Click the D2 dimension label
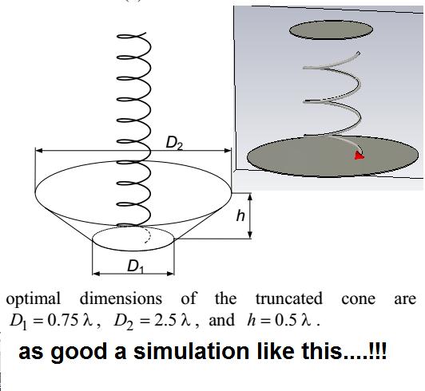click(x=174, y=143)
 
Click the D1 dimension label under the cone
click(x=136, y=266)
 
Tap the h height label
click(x=240, y=215)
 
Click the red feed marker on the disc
click(x=359, y=156)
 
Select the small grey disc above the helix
click(x=331, y=30)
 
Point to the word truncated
click(x=289, y=298)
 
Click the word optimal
click(x=33, y=299)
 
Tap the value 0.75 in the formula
click(x=63, y=320)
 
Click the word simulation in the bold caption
click(x=192, y=351)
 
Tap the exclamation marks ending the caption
click(x=377, y=350)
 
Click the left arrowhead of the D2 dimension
click(x=39, y=150)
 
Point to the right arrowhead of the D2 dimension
click(x=228, y=150)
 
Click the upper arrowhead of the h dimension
click(x=250, y=196)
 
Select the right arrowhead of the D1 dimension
click(x=171, y=274)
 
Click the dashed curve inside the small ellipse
click(x=147, y=235)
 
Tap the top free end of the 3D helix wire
click(x=359, y=53)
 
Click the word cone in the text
click(x=359, y=299)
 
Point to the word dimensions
click(x=121, y=298)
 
